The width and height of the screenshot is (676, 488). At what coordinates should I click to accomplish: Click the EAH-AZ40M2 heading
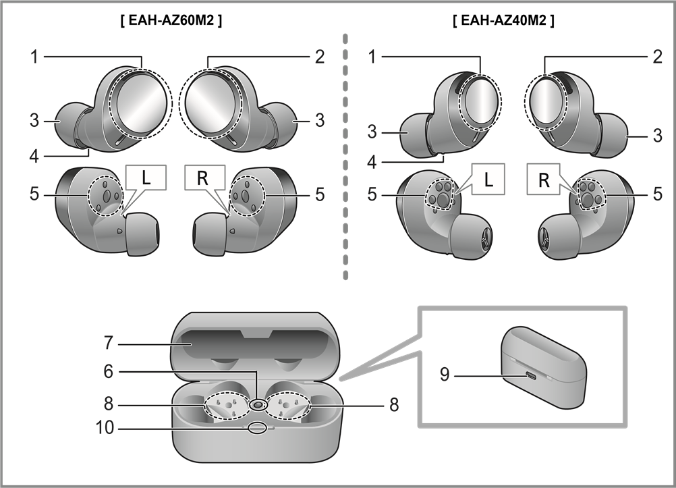[x=503, y=21]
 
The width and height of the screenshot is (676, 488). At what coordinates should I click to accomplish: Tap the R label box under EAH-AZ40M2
[x=544, y=180]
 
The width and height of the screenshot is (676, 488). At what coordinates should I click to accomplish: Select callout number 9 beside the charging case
[x=445, y=373]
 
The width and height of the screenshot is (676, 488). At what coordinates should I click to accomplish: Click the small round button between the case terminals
[x=257, y=404]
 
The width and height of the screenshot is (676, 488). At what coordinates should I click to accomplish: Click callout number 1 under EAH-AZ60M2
[x=33, y=57]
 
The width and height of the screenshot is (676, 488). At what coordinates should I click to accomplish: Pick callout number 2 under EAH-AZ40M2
[x=657, y=57]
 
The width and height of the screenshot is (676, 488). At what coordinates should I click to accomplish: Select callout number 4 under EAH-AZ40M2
[x=372, y=163]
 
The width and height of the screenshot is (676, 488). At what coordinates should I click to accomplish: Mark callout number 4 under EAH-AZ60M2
[x=33, y=157]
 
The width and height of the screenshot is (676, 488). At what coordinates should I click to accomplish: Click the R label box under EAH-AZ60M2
[x=201, y=179]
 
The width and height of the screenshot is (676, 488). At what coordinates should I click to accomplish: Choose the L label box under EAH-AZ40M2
[x=489, y=180]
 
